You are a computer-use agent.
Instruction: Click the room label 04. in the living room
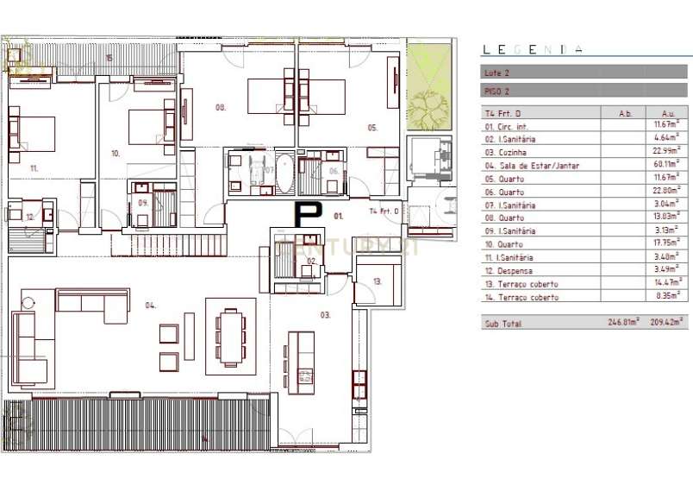click(x=150, y=305)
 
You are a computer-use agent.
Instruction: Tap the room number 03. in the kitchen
click(x=325, y=315)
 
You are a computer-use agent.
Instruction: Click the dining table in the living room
click(x=230, y=335)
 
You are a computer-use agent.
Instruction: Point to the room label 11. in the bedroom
click(x=34, y=167)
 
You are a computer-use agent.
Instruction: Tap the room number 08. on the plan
click(x=221, y=107)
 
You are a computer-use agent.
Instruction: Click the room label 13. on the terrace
click(x=378, y=281)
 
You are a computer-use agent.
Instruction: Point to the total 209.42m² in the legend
click(x=667, y=323)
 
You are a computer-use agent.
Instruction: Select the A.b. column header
click(x=626, y=113)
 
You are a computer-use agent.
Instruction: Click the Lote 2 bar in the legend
click(x=585, y=73)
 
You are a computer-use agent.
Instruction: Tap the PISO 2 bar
click(x=585, y=90)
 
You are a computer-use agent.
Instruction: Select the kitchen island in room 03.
click(x=301, y=362)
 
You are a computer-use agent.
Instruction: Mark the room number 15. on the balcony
click(x=109, y=58)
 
